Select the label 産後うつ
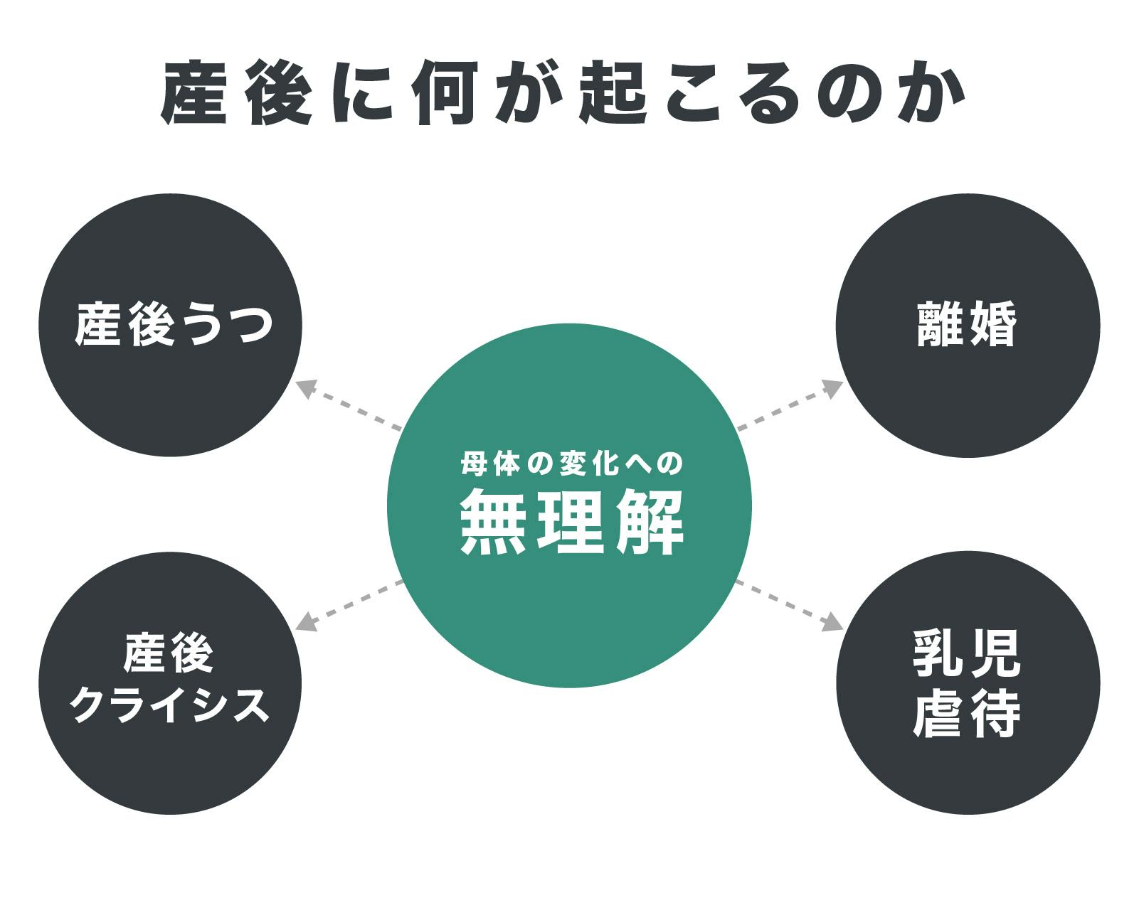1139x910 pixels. point(173,324)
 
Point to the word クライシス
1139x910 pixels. point(170,707)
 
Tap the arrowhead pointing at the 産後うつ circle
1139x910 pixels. point(305,388)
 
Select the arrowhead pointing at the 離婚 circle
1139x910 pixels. point(832,387)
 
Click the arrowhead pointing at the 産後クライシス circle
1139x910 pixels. point(305,623)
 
